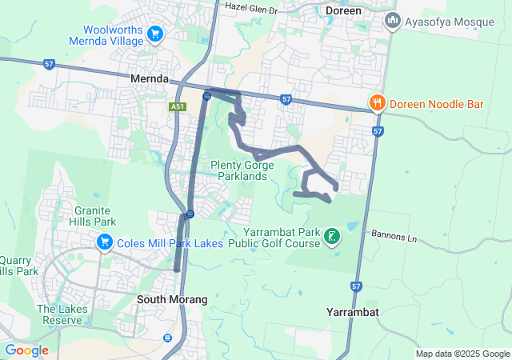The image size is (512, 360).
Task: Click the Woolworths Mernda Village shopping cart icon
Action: [156, 34]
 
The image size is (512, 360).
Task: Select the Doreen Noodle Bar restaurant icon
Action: [377, 102]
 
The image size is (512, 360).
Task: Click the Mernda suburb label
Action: [150, 79]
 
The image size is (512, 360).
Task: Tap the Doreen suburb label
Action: [344, 11]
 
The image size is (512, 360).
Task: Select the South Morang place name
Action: [172, 299]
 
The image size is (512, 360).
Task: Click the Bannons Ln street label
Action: [394, 237]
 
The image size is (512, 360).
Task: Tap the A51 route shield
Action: [178, 106]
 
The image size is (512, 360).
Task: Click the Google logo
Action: [26, 350]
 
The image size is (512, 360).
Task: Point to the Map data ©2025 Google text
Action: [462, 354]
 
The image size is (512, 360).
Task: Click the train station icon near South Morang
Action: [168, 338]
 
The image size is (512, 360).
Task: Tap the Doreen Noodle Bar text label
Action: [433, 102]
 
